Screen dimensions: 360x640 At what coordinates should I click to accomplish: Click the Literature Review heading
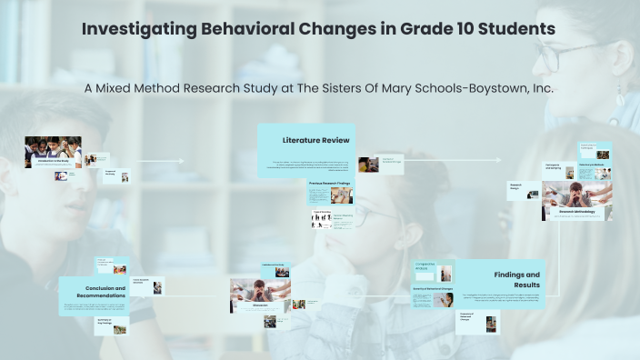coord(315,140)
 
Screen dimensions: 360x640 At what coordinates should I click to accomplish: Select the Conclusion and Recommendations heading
coord(94,291)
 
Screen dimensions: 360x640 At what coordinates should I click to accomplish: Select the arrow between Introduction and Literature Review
coord(160,162)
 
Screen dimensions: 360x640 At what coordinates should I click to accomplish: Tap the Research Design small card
coord(516,189)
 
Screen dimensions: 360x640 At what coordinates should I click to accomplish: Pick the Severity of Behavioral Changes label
coord(433,290)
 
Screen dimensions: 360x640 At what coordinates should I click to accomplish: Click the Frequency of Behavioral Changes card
coord(478,319)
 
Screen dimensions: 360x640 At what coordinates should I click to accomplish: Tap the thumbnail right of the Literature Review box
coord(368,165)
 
